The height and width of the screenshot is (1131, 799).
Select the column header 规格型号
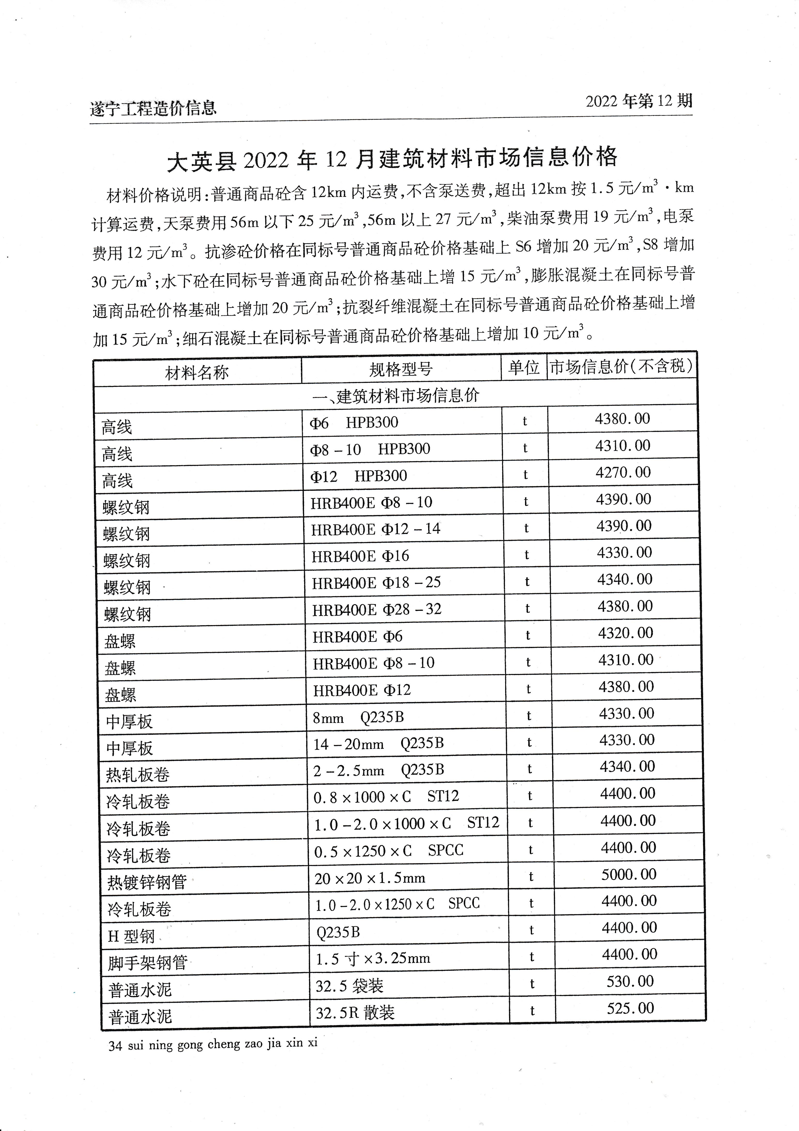click(401, 369)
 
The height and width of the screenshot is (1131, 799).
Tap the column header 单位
click(524, 368)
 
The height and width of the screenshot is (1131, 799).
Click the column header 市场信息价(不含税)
click(621, 366)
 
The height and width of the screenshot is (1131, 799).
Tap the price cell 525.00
click(630, 1008)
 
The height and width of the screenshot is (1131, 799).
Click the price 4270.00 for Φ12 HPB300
click(623, 473)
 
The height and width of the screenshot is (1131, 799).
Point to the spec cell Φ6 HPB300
click(354, 423)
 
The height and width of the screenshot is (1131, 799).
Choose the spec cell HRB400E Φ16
click(360, 556)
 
